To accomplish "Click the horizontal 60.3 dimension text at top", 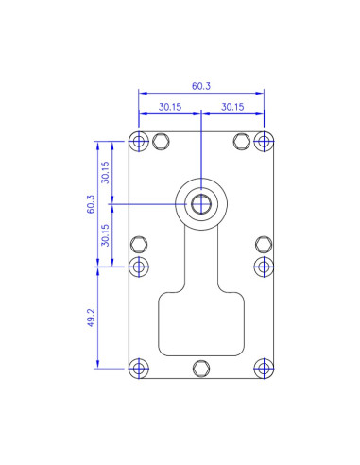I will pos(201,86).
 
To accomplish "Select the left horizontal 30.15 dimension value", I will pos(170,107).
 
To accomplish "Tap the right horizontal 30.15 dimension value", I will pos(233,107).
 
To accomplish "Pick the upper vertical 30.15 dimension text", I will pos(106,172).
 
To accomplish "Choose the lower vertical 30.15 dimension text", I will pos(106,234).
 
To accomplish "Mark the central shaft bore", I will pos(201,203).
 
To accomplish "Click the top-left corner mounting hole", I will pos(140,142).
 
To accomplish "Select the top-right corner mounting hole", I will pos(264,142).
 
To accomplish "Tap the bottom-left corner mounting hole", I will pos(140,368).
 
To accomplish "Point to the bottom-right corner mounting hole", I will pos(264,368).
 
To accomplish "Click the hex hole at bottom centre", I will pos(201,368).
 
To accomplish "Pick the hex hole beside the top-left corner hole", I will pos(160,142).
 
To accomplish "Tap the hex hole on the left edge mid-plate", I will pos(140,244).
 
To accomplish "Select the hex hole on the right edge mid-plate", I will pos(264,244).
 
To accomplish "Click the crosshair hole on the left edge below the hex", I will pos(140,266).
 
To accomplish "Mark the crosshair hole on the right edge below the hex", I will pos(264,266).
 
